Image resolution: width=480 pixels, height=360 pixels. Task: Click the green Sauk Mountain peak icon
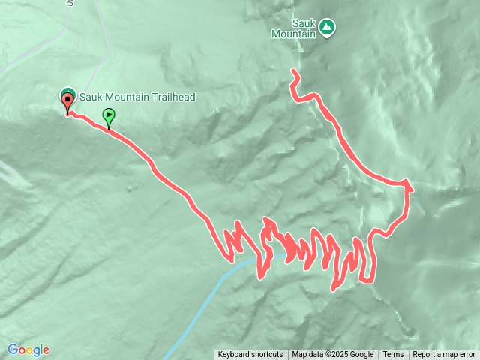point(327,28)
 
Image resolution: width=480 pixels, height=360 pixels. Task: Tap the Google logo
point(28,349)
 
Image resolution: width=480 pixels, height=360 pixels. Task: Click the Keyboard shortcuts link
point(250,355)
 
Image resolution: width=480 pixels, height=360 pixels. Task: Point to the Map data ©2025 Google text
point(332,355)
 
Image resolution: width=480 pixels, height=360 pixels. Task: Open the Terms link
point(393,355)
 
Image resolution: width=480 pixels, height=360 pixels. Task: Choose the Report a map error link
point(444,355)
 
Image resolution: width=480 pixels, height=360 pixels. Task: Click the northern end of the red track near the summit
point(293,72)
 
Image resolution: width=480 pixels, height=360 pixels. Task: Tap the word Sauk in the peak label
point(293,22)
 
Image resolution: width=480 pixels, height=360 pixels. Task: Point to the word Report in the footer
point(425,355)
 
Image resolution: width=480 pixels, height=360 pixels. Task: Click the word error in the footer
point(466,355)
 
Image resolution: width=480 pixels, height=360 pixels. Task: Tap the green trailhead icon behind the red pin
point(63,93)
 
